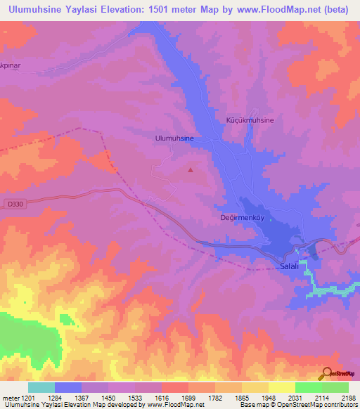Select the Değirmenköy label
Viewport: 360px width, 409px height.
[243, 218]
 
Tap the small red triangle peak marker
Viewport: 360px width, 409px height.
[191, 169]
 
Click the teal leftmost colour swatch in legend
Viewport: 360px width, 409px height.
[41, 387]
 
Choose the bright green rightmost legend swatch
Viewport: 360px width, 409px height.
[335, 387]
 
